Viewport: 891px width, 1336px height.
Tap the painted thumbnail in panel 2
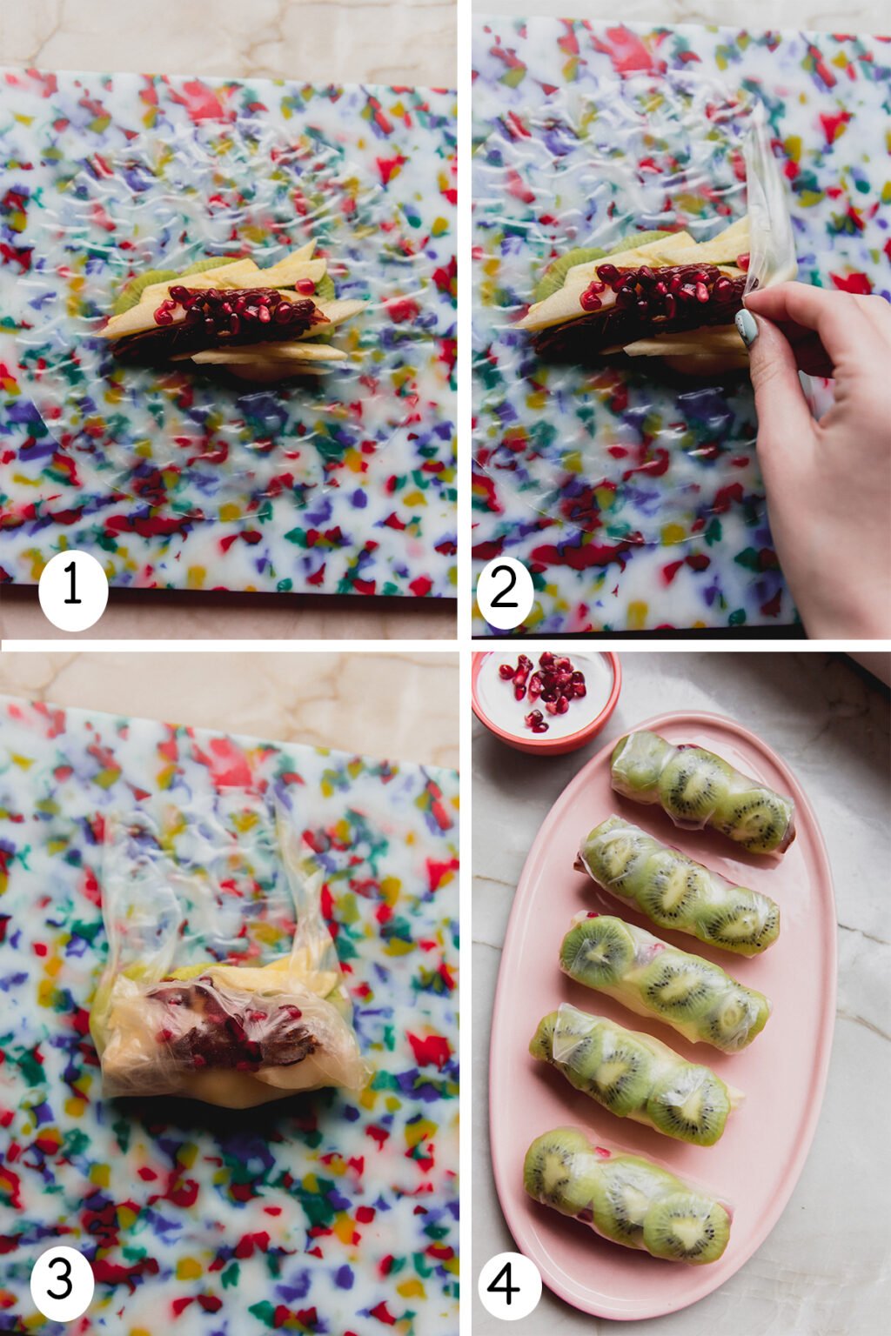pyautogui.click(x=746, y=326)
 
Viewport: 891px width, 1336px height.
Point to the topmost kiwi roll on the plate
pyautogui.click(x=702, y=792)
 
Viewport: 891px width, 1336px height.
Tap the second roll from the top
pyautogui.click(x=679, y=886)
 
